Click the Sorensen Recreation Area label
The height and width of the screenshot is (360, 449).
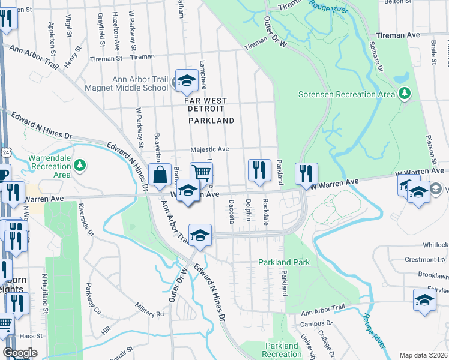click(x=346, y=94)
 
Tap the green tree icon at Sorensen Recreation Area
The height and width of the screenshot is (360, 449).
click(x=405, y=93)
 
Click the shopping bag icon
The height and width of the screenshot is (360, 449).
click(x=160, y=176)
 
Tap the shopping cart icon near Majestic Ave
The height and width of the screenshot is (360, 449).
click(x=202, y=173)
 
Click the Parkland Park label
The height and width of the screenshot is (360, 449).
click(x=284, y=262)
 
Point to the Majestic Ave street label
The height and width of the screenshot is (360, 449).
click(x=210, y=149)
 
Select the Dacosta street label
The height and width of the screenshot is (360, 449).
click(x=231, y=211)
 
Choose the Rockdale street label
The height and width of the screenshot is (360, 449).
click(x=265, y=211)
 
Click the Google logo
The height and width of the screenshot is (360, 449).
click(x=20, y=352)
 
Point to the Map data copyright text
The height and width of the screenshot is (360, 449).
click(x=423, y=355)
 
